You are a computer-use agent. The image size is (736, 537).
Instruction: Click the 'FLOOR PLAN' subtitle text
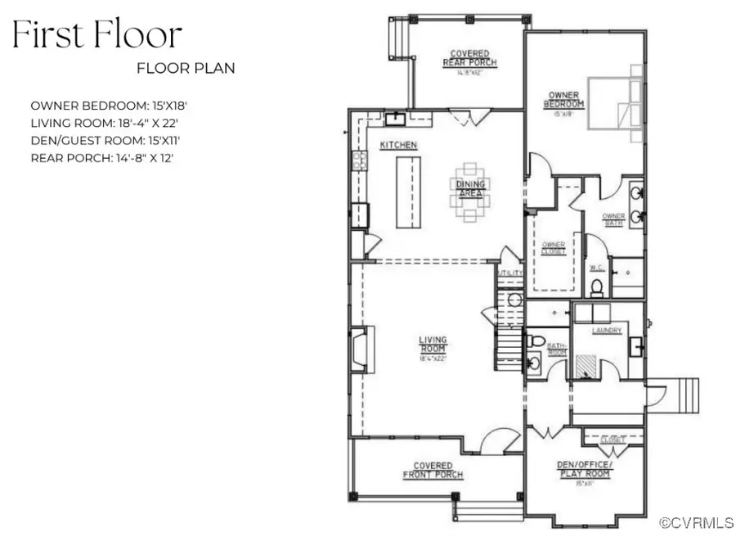click(x=186, y=68)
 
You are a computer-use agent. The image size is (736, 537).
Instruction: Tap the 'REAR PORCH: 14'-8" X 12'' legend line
click(x=101, y=157)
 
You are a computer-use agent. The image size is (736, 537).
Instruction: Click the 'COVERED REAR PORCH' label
click(x=469, y=59)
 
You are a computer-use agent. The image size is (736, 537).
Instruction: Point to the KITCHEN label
click(x=398, y=145)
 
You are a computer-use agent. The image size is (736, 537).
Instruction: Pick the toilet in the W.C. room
click(x=598, y=287)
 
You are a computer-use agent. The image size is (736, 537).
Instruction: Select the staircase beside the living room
click(x=509, y=327)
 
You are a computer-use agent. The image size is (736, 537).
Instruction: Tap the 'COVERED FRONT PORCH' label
click(x=433, y=470)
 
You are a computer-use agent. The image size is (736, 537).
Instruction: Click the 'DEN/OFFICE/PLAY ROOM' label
click(x=583, y=470)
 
